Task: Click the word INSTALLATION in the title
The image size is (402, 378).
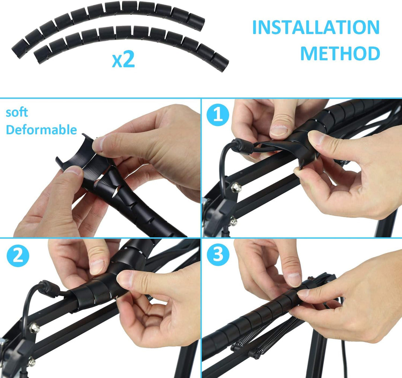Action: pyautogui.click(x=316, y=28)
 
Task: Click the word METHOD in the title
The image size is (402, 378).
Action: pyautogui.click(x=340, y=54)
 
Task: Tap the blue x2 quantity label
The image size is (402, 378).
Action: pyautogui.click(x=123, y=60)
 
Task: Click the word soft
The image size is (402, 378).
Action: pyautogui.click(x=17, y=112)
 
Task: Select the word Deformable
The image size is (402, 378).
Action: pyautogui.click(x=41, y=130)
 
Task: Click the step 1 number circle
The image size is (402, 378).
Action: pyautogui.click(x=218, y=115)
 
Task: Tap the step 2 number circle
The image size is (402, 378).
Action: pyautogui.click(x=17, y=256)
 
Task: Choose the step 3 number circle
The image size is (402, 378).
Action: pyautogui.click(x=218, y=256)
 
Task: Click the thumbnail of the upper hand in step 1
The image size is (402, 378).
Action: pyautogui.click(x=279, y=130)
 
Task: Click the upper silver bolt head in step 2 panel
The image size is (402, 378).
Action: pyautogui.click(x=34, y=328)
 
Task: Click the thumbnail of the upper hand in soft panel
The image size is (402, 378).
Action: pyautogui.click(x=98, y=143)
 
